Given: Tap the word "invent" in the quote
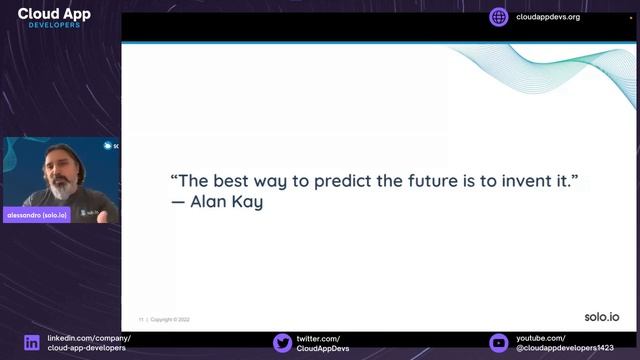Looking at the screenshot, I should [x=526, y=182].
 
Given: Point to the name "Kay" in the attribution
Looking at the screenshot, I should [x=244, y=202].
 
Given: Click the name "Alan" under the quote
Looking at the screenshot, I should [x=207, y=202].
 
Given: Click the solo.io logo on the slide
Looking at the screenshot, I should [x=601, y=317].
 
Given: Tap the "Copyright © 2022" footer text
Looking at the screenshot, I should [x=170, y=320].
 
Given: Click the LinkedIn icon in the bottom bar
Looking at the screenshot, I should [x=32, y=343].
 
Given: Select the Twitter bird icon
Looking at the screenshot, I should [x=282, y=343].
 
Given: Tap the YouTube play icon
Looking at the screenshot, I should [x=498, y=343].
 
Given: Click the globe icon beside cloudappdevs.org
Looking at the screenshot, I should [x=499, y=17].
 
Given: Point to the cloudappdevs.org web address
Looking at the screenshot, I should [x=548, y=17].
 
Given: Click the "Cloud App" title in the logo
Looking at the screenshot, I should [x=54, y=14].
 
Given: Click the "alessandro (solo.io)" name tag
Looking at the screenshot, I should [x=37, y=215].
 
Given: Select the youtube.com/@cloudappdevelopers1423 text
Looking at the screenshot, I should [x=565, y=343].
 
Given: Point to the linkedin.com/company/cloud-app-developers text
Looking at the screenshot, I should [x=88, y=343].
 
